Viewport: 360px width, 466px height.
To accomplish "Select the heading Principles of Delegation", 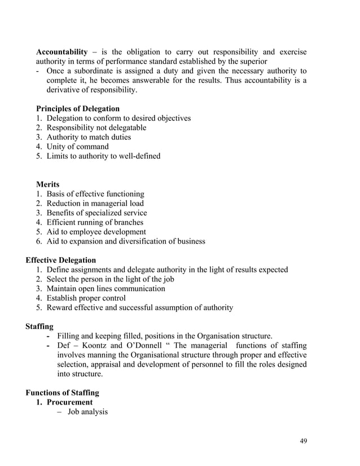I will point(78,108).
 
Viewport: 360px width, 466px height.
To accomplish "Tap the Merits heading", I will point(48,184).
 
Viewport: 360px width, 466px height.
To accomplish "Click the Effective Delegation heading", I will point(61,260).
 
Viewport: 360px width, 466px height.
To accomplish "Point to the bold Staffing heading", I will point(40,326).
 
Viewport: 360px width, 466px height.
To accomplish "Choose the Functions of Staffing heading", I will point(63,393).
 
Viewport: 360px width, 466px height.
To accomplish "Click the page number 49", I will point(303,441).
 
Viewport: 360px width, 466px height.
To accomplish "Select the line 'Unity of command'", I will point(77,147).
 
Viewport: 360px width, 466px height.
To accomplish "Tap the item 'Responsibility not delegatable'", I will point(96,128).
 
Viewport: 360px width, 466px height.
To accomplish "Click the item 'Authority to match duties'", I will point(89,137).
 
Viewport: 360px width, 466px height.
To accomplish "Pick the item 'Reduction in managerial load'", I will point(95,203).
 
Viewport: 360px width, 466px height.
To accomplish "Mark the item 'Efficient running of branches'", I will point(95,222).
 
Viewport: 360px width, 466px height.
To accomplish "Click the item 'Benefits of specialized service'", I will point(96,213).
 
